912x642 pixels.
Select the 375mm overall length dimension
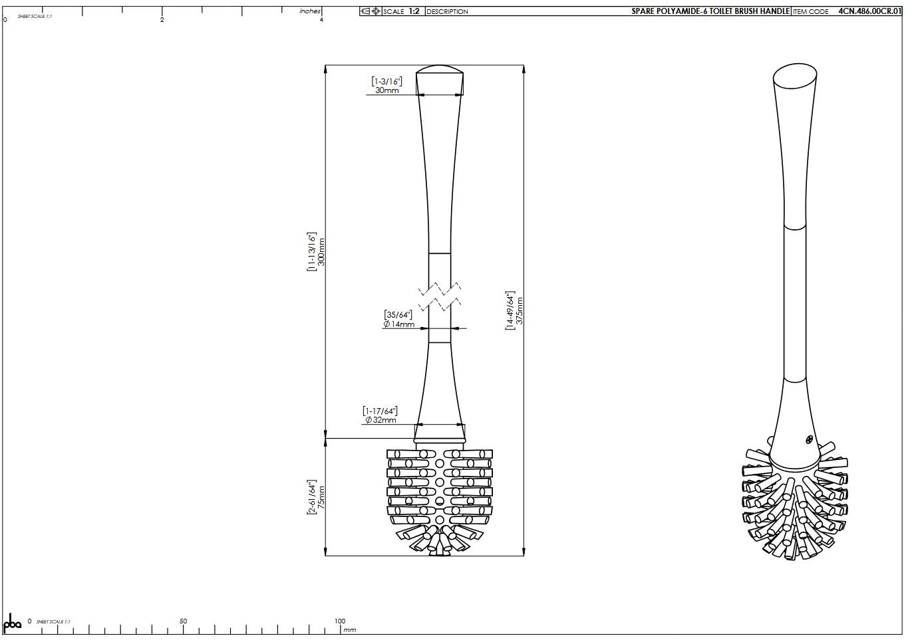520,310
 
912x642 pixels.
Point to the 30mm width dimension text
386,90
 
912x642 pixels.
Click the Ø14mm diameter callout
399,324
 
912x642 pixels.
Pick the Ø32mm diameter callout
380,420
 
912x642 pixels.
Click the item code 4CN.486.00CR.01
869,11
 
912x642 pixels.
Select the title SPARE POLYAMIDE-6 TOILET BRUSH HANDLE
710,11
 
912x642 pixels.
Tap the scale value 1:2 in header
414,11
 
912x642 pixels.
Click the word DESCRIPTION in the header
447,11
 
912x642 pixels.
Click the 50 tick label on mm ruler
183,621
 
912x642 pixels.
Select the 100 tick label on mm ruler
339,621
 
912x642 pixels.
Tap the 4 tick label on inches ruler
321,20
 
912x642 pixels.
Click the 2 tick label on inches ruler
162,20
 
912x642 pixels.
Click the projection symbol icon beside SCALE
371,11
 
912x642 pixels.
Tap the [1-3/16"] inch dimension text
386,81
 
